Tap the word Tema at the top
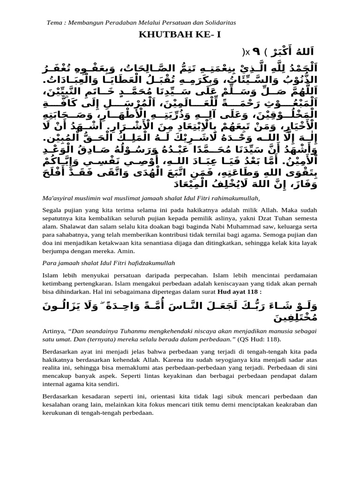coord(55,22)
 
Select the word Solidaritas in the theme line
coord(221,22)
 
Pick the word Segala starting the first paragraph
coord(52,210)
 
